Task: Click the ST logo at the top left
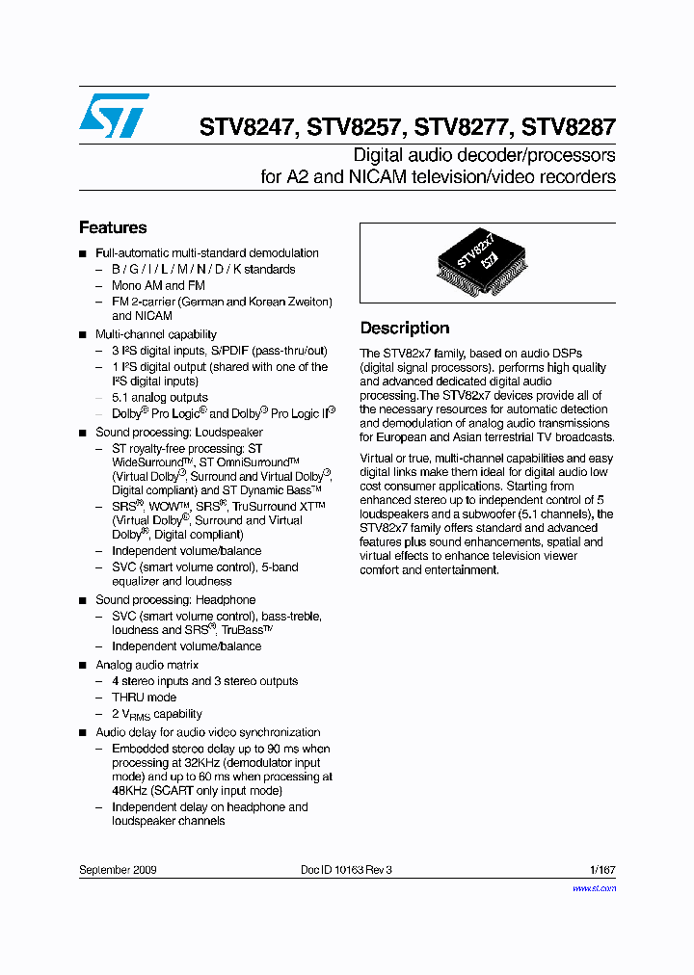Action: [114, 116]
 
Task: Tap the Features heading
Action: [113, 228]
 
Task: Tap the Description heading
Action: [405, 329]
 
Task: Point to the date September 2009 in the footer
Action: [118, 869]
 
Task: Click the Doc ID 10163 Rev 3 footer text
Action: [346, 869]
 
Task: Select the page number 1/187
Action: [602, 869]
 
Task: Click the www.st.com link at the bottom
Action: [594, 888]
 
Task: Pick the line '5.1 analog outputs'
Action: [160, 397]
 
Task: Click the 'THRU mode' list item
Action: [145, 698]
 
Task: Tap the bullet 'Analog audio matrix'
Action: [147, 665]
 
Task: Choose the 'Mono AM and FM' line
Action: [158, 285]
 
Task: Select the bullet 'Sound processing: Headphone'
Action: [175, 599]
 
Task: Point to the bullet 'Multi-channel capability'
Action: [156, 334]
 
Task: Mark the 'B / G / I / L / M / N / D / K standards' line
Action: [203, 269]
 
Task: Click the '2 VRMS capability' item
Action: [156, 714]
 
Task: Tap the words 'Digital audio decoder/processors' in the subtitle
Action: [484, 155]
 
